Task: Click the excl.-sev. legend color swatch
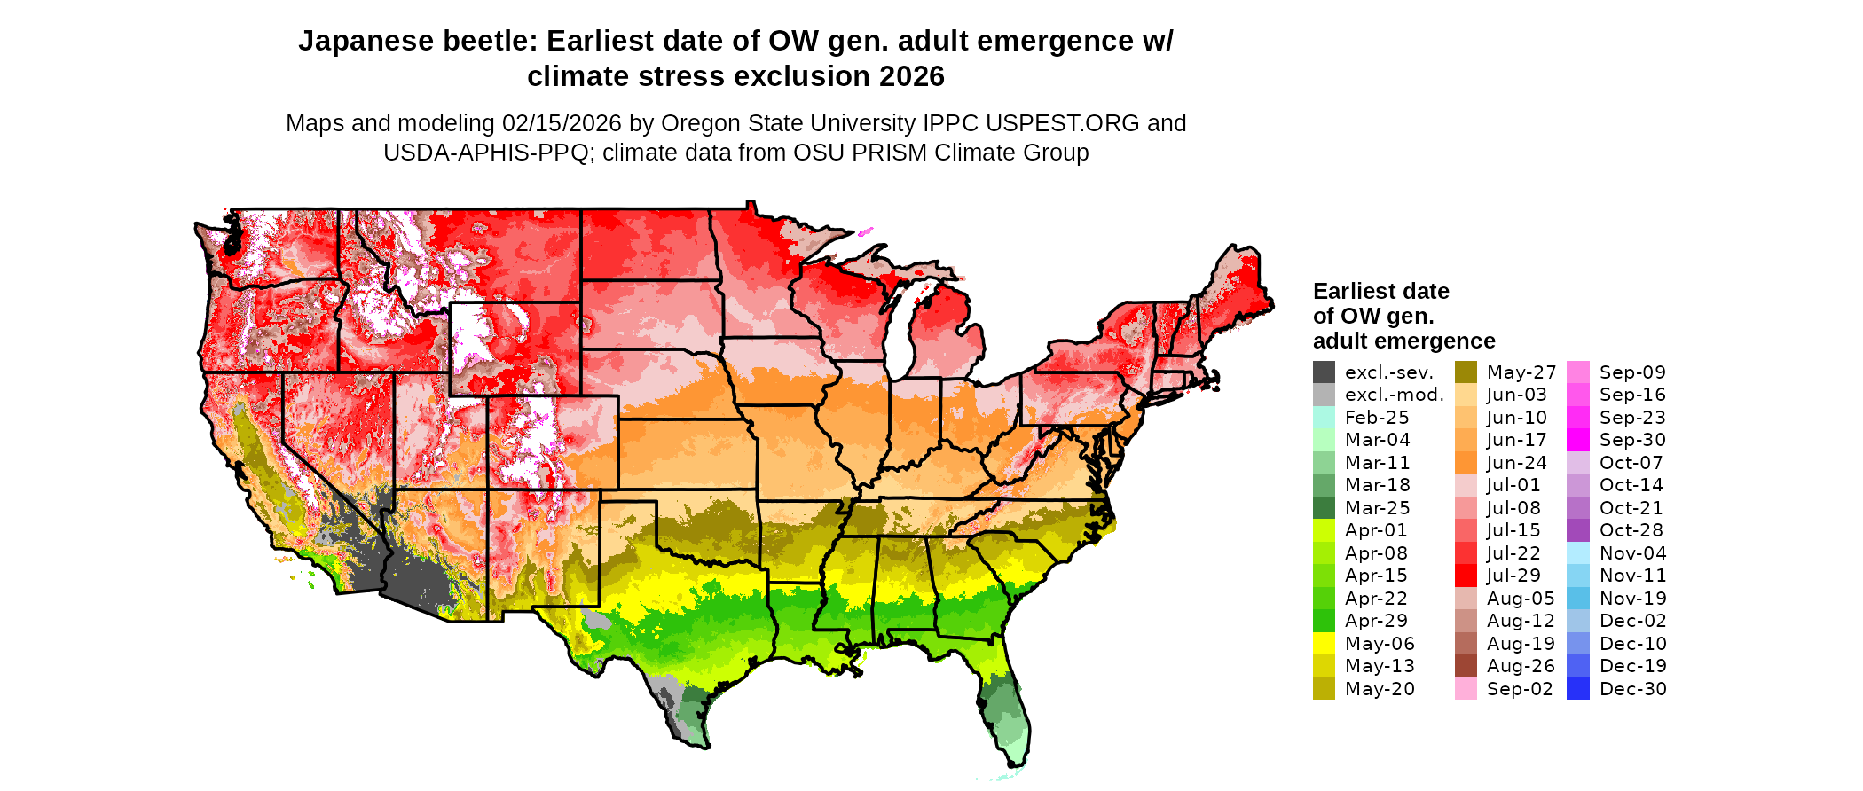(1324, 372)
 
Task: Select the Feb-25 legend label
(1377, 418)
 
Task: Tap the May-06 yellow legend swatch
(1324, 644)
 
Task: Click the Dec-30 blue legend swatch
(1578, 689)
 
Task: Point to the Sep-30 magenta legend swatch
(1578, 440)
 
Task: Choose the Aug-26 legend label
(1521, 666)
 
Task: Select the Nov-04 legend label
(1633, 553)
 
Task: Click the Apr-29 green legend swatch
(1324, 621)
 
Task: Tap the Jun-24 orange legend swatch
(1466, 463)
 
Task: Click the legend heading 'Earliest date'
(1380, 292)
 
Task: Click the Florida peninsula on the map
(1007, 709)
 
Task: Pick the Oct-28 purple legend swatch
(1578, 530)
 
